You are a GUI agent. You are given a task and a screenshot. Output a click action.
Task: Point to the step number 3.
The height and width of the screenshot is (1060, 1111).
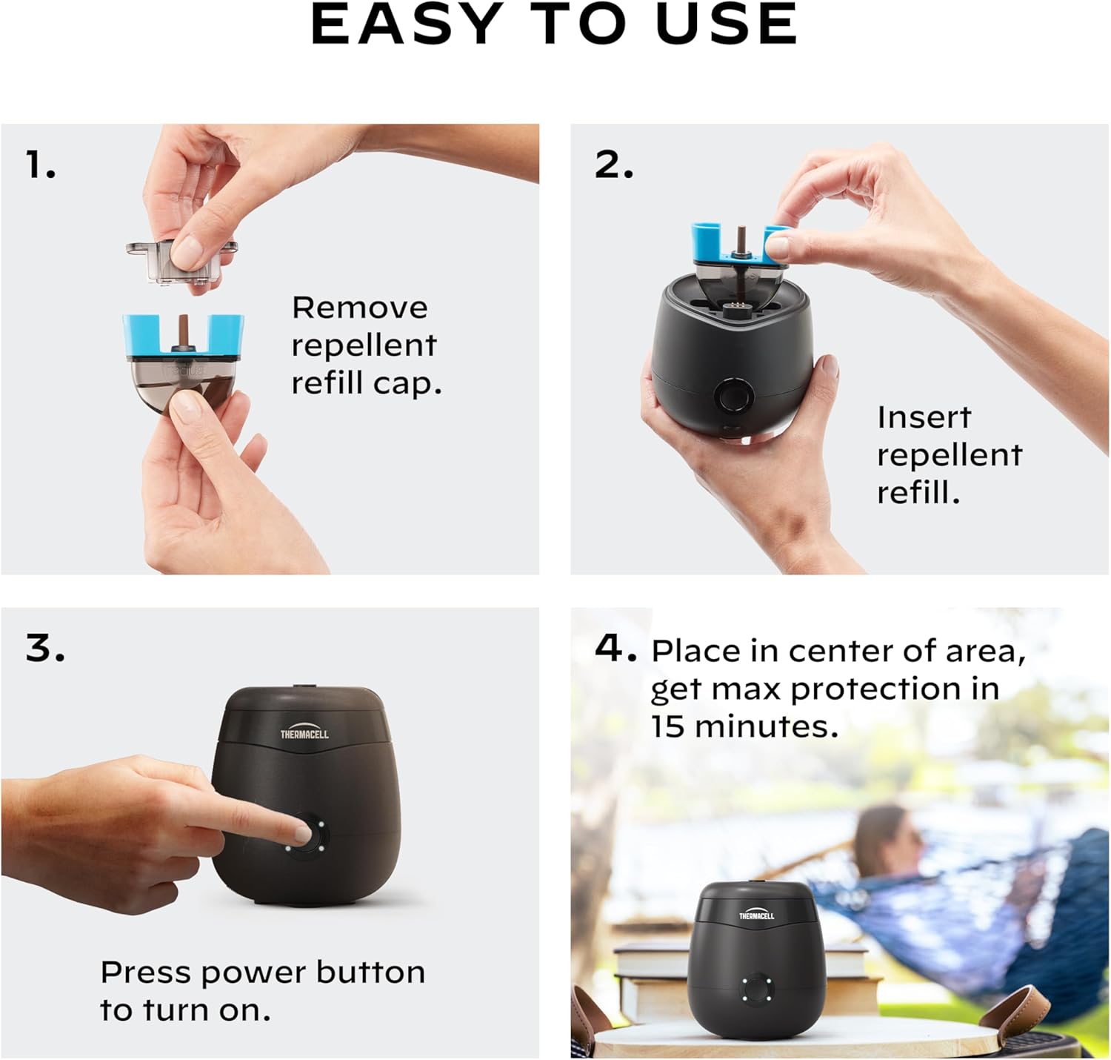point(45,649)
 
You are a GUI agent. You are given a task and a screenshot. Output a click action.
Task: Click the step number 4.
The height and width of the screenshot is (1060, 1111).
point(615,649)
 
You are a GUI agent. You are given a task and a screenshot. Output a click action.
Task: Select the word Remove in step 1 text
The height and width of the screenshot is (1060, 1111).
point(359,308)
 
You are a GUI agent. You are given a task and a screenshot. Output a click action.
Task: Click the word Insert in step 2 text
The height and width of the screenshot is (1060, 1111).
point(924,417)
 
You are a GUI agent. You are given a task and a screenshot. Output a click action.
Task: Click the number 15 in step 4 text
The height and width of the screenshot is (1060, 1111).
point(668,726)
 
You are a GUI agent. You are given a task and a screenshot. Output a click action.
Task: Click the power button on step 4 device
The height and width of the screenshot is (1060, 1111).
point(756,988)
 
